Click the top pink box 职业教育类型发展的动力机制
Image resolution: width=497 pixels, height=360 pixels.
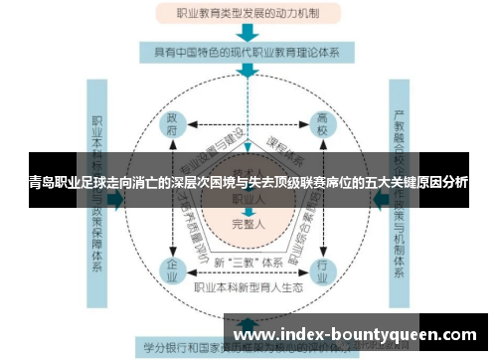click(x=248, y=14)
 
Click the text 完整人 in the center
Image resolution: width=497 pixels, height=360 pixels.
click(x=248, y=225)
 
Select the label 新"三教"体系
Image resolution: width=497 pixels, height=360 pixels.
click(x=248, y=262)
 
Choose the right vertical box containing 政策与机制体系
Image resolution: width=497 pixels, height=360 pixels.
click(x=402, y=199)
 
